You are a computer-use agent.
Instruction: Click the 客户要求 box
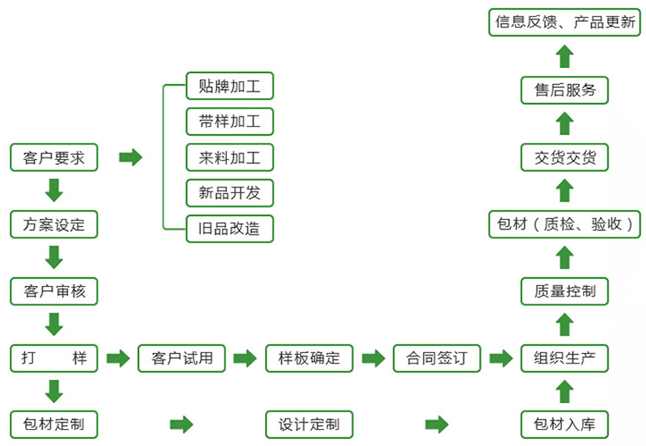click(54, 157)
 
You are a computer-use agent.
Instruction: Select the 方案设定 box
click(54, 224)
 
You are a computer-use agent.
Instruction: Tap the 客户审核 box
click(54, 291)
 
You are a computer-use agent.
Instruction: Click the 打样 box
click(54, 357)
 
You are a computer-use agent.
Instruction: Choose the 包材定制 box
click(54, 423)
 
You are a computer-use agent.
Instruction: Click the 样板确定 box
click(309, 357)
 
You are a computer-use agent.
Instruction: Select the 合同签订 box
click(437, 357)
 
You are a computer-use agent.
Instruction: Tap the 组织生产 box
click(564, 357)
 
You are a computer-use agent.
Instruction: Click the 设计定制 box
click(309, 423)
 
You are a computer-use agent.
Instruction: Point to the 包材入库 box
click(564, 423)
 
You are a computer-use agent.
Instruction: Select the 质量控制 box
click(564, 291)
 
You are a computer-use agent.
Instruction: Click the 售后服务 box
click(564, 90)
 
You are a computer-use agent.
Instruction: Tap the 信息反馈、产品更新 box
click(564, 22)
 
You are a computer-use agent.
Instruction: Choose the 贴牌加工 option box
click(229, 86)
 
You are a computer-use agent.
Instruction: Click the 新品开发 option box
click(229, 192)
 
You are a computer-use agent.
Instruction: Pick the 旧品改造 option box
click(229, 228)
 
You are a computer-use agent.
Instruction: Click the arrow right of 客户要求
click(130, 157)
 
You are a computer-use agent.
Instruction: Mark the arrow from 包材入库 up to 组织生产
click(564, 391)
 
